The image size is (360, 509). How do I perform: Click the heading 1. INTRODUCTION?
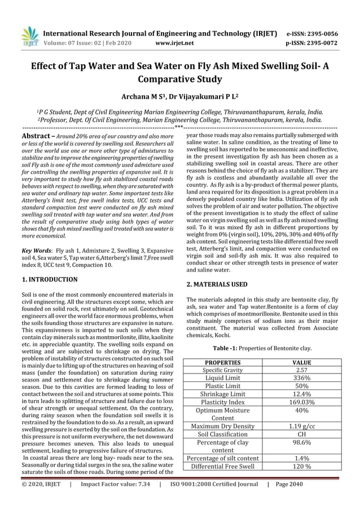tap(49, 279)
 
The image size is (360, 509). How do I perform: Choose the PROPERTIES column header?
tap(222, 362)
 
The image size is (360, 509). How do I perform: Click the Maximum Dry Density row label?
tap(222, 426)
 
